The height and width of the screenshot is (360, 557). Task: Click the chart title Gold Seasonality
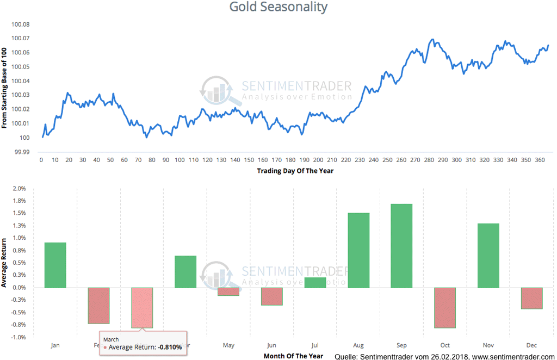(278, 7)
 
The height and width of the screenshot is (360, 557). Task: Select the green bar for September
(401, 245)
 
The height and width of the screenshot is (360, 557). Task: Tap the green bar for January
(55, 265)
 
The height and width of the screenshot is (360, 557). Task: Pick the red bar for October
(444, 307)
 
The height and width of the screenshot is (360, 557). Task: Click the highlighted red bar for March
(141, 307)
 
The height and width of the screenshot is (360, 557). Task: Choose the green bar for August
(358, 250)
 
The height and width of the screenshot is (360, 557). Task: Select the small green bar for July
(315, 282)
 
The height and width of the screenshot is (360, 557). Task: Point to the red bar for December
(531, 298)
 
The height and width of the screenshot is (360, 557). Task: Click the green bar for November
(488, 255)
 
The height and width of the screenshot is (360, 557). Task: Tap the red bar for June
(271, 296)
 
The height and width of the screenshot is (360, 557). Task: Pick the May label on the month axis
(228, 345)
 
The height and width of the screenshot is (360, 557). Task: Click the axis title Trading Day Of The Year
(295, 171)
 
